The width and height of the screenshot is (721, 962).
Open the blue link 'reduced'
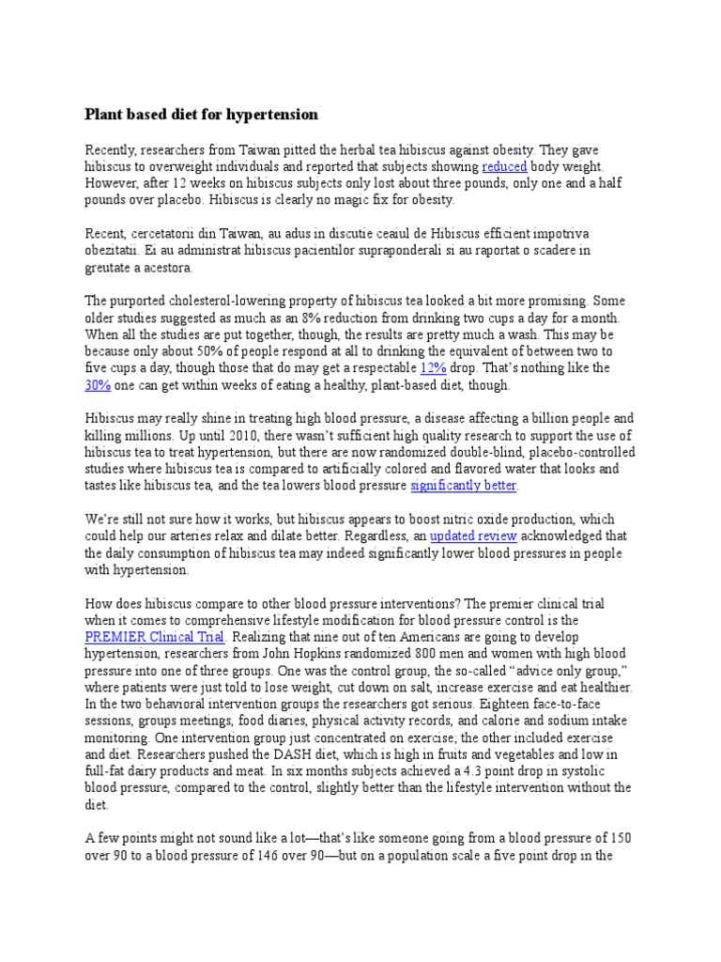[504, 166]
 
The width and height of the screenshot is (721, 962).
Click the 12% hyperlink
[433, 368]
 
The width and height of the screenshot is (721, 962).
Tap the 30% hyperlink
[99, 385]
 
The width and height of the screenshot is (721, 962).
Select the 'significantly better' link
[464, 486]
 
